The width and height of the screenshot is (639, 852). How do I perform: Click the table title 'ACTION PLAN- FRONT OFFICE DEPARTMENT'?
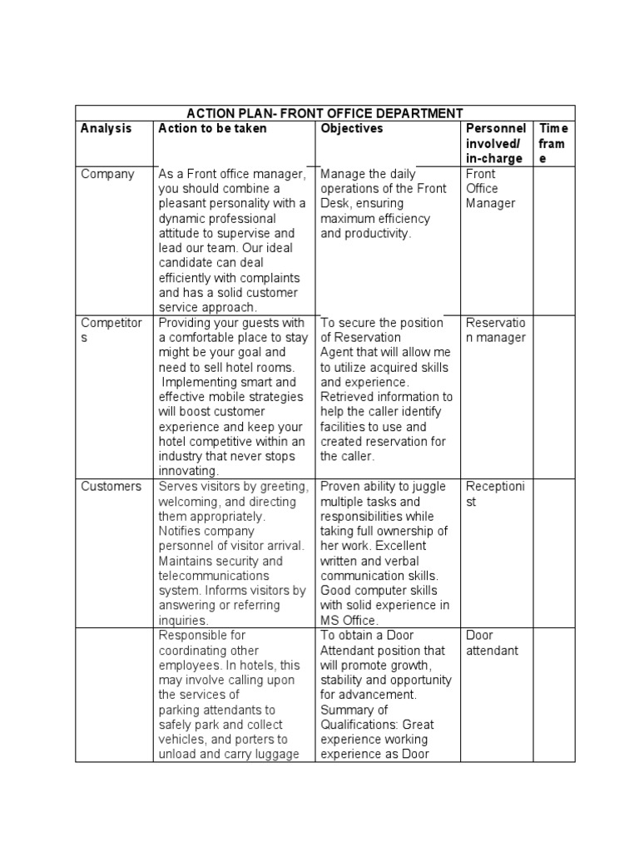(325, 113)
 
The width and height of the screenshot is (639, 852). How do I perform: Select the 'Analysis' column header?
(106, 129)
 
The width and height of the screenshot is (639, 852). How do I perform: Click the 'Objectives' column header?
(352, 129)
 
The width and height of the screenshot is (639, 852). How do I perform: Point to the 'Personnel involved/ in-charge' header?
(496, 144)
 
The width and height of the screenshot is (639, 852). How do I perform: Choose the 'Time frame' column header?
(553, 144)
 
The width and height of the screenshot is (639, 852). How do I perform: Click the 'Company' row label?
(107, 174)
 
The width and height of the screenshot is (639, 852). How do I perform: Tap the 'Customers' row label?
(111, 487)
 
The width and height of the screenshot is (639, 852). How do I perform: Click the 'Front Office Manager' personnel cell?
(491, 189)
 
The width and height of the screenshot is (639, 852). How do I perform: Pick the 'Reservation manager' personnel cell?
(496, 330)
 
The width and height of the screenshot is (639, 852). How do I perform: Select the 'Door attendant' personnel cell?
(492, 643)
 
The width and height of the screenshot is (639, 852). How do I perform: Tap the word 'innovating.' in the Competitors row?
(189, 471)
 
